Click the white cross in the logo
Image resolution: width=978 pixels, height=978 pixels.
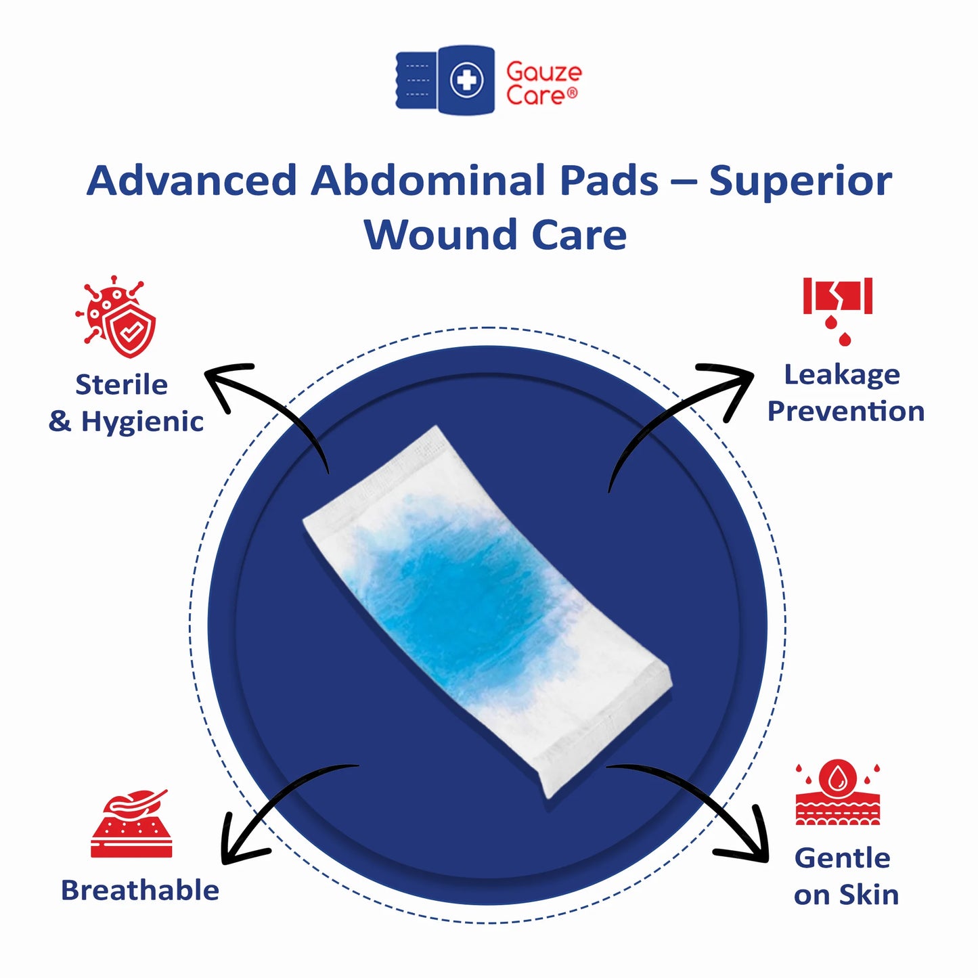[466, 81]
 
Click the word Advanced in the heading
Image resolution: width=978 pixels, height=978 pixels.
[192, 181]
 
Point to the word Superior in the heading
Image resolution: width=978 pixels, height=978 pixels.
[800, 181]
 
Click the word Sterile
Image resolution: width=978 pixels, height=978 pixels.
[121, 384]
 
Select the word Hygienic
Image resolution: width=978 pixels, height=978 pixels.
[142, 422]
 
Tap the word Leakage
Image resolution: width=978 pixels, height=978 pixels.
[842, 374]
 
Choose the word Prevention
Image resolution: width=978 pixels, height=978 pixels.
[845, 412]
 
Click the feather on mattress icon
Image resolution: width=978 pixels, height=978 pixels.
[131, 824]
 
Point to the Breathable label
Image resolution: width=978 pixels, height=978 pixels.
[140, 890]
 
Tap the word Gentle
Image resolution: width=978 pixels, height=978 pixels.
[842, 858]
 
